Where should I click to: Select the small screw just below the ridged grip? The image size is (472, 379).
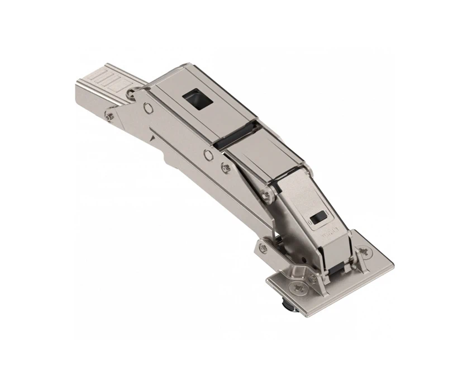pos(107,116)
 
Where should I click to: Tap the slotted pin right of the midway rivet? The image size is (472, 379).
pos(225,166)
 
